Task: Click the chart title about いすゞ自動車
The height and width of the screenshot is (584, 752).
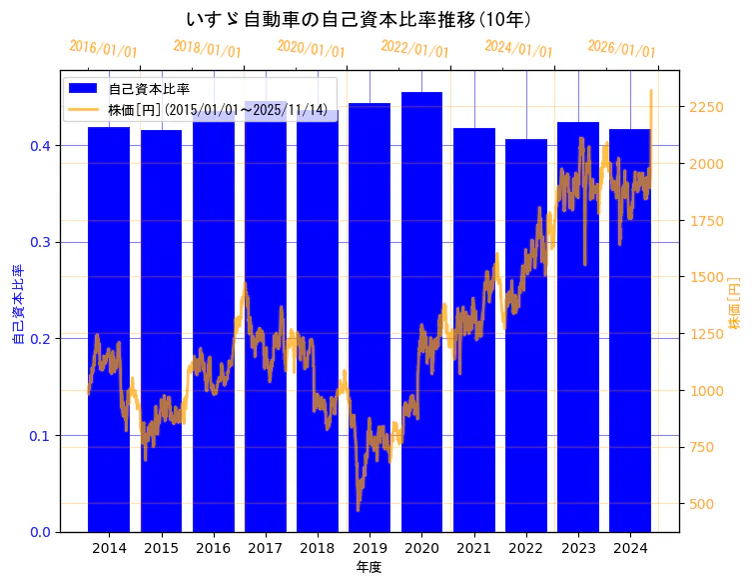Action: (359, 19)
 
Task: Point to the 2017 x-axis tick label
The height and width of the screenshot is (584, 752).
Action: (265, 548)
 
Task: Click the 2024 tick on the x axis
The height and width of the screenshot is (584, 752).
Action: (629, 548)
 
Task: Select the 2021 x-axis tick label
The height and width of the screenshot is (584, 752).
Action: (473, 548)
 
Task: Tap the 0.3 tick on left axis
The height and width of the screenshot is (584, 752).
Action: (39, 242)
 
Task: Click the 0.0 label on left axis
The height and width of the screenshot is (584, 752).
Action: (39, 532)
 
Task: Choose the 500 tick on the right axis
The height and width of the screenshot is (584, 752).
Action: (704, 504)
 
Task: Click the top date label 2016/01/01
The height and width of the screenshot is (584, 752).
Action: (103, 49)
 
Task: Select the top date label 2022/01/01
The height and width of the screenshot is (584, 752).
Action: (414, 48)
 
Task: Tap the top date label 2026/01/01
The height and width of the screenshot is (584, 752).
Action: (621, 49)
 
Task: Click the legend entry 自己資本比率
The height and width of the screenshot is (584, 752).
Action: (149, 89)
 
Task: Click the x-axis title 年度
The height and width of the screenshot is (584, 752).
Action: (369, 567)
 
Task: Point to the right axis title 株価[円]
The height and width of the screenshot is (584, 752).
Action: (734, 305)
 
